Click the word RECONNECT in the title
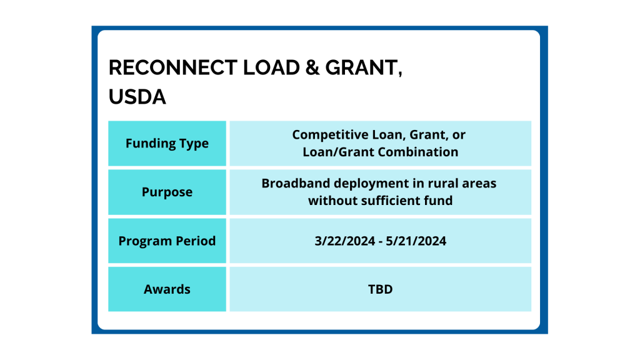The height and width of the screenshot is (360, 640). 172,67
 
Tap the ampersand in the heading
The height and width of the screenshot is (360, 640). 312,67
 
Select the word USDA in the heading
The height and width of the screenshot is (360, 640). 137,97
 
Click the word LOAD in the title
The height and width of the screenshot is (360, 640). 271,67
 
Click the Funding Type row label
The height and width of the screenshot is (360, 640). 167,144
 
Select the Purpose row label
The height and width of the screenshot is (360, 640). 167,192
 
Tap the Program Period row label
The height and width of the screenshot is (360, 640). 167,241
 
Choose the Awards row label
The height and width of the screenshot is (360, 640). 167,289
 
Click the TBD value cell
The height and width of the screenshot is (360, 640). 381,289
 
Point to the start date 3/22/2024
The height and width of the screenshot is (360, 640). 345,241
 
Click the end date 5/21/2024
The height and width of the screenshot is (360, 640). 416,241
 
